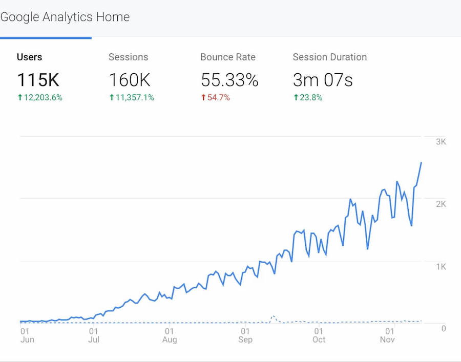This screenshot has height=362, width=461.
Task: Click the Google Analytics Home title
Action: (x=65, y=17)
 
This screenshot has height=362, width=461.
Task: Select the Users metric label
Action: (x=29, y=57)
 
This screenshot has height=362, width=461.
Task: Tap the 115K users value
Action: (x=38, y=80)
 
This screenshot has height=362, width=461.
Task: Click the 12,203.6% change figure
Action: (x=40, y=97)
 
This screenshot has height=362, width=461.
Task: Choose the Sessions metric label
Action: (x=128, y=57)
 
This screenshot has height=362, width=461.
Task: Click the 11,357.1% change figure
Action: (x=132, y=97)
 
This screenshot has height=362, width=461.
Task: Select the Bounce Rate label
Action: (x=227, y=57)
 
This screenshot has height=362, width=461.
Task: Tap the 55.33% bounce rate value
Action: (x=229, y=80)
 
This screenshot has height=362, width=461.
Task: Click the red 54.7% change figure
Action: (x=215, y=97)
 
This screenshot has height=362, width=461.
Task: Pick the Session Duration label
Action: (x=329, y=57)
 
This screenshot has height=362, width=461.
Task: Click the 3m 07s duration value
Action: (x=323, y=80)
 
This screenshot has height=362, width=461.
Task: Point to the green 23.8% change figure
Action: (x=308, y=97)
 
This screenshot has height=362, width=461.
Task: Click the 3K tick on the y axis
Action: (x=441, y=141)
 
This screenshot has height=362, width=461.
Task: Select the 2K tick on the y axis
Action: (x=441, y=204)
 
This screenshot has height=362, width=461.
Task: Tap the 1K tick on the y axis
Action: (x=441, y=267)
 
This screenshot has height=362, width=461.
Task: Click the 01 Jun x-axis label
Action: (x=27, y=335)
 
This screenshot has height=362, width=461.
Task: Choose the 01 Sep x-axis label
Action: (x=245, y=335)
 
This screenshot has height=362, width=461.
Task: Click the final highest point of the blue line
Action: (x=421, y=162)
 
